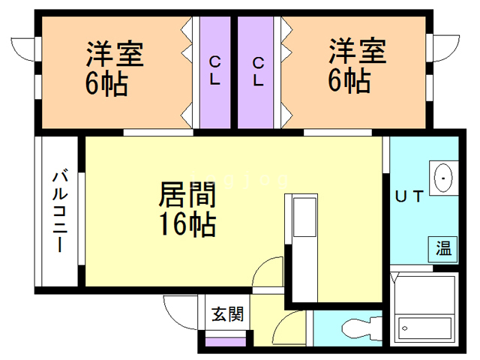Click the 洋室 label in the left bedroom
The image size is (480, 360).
coord(114,55)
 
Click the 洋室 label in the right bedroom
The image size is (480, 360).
coord(357,52)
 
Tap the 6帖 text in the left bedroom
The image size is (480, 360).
coord(106,82)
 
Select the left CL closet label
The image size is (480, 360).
coord(214,70)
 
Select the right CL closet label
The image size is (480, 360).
coord(259,70)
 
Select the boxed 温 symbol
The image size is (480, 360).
coord(443,248)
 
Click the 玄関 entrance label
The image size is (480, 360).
coord(226,314)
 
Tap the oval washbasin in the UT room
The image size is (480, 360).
coord(443,178)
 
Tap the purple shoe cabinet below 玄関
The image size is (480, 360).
coord(226,342)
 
